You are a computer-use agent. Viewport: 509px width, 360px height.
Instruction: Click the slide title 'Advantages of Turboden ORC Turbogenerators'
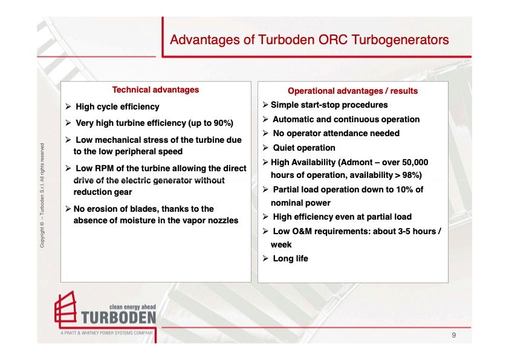(309, 40)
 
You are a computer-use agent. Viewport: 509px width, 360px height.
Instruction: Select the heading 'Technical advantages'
(155, 90)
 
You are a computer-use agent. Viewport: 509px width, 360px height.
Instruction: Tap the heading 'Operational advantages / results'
(352, 91)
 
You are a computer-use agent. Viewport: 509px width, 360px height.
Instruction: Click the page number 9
(453, 335)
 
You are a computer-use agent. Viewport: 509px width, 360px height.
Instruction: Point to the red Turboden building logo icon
(66, 310)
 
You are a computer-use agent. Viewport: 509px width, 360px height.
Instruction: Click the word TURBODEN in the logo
(118, 318)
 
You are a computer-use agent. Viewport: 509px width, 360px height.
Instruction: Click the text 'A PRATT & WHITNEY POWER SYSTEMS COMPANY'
(106, 333)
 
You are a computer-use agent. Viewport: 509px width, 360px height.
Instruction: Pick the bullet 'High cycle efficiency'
(117, 106)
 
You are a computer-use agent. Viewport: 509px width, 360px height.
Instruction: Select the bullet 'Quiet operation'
(303, 148)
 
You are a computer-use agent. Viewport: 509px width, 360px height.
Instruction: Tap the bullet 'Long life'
(290, 258)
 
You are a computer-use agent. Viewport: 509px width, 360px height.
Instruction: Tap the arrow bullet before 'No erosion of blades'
(68, 209)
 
